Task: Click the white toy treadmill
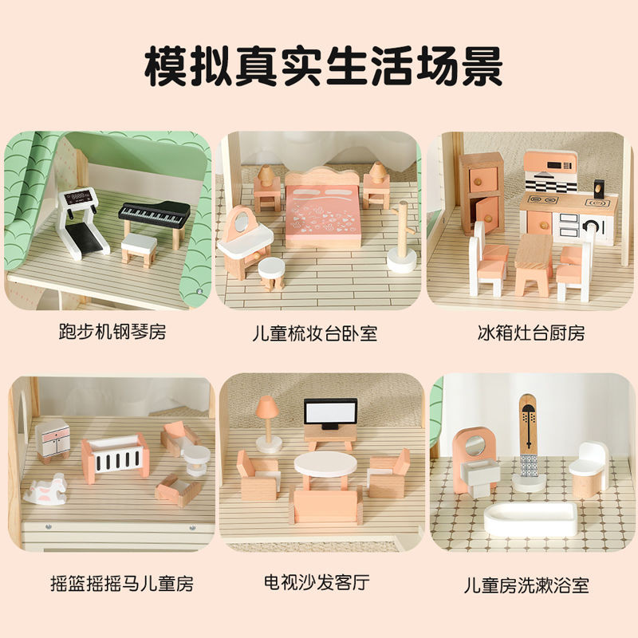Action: (83, 223)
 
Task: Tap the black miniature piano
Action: (155, 221)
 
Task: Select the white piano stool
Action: (139, 250)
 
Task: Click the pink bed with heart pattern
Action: (323, 211)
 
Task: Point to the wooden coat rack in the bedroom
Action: (402, 237)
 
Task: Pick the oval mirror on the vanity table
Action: (242, 222)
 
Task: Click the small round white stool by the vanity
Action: (271, 273)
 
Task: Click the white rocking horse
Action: (46, 490)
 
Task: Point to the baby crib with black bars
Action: (116, 457)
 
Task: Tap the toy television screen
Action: (330, 412)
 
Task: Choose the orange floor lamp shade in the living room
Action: (267, 407)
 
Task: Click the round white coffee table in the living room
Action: (325, 465)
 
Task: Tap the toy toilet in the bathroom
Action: (588, 470)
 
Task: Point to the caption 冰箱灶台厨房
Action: (531, 333)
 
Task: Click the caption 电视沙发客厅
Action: (317, 582)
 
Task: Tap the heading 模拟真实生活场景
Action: (324, 66)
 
